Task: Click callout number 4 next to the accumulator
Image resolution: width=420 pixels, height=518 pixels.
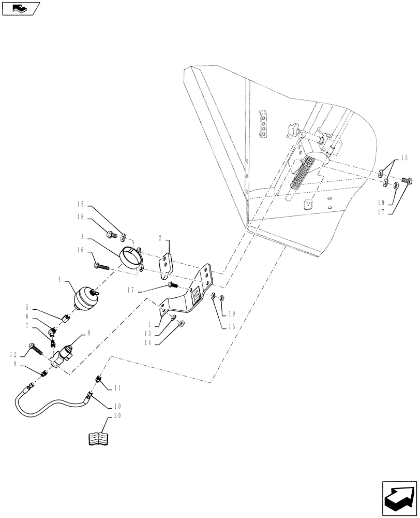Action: [61, 280]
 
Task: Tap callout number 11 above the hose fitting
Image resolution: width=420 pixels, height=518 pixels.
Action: [117, 386]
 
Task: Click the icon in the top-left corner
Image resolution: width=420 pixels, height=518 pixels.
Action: [21, 8]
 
